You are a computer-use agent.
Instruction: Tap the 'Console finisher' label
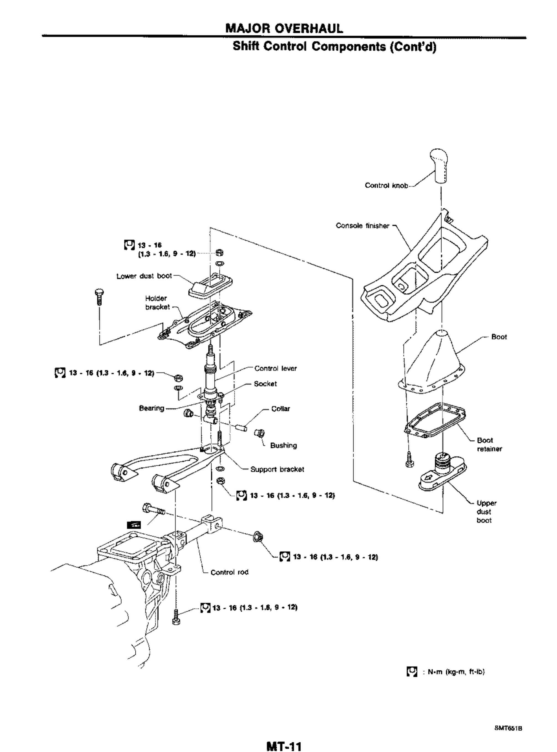[x=362, y=225]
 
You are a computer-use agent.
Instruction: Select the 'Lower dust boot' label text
[x=144, y=276]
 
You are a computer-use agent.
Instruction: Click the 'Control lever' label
[x=275, y=369]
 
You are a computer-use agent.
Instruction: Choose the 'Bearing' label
[x=152, y=408]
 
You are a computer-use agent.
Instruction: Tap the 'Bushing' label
[x=283, y=445]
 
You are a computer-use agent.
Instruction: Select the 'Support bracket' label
[x=277, y=469]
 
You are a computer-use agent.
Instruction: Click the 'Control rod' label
[x=230, y=572]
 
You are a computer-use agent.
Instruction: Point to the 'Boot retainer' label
[x=488, y=445]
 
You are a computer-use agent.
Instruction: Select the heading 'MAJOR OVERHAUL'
[x=284, y=28]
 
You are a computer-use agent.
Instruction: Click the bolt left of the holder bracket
[x=99, y=297]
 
